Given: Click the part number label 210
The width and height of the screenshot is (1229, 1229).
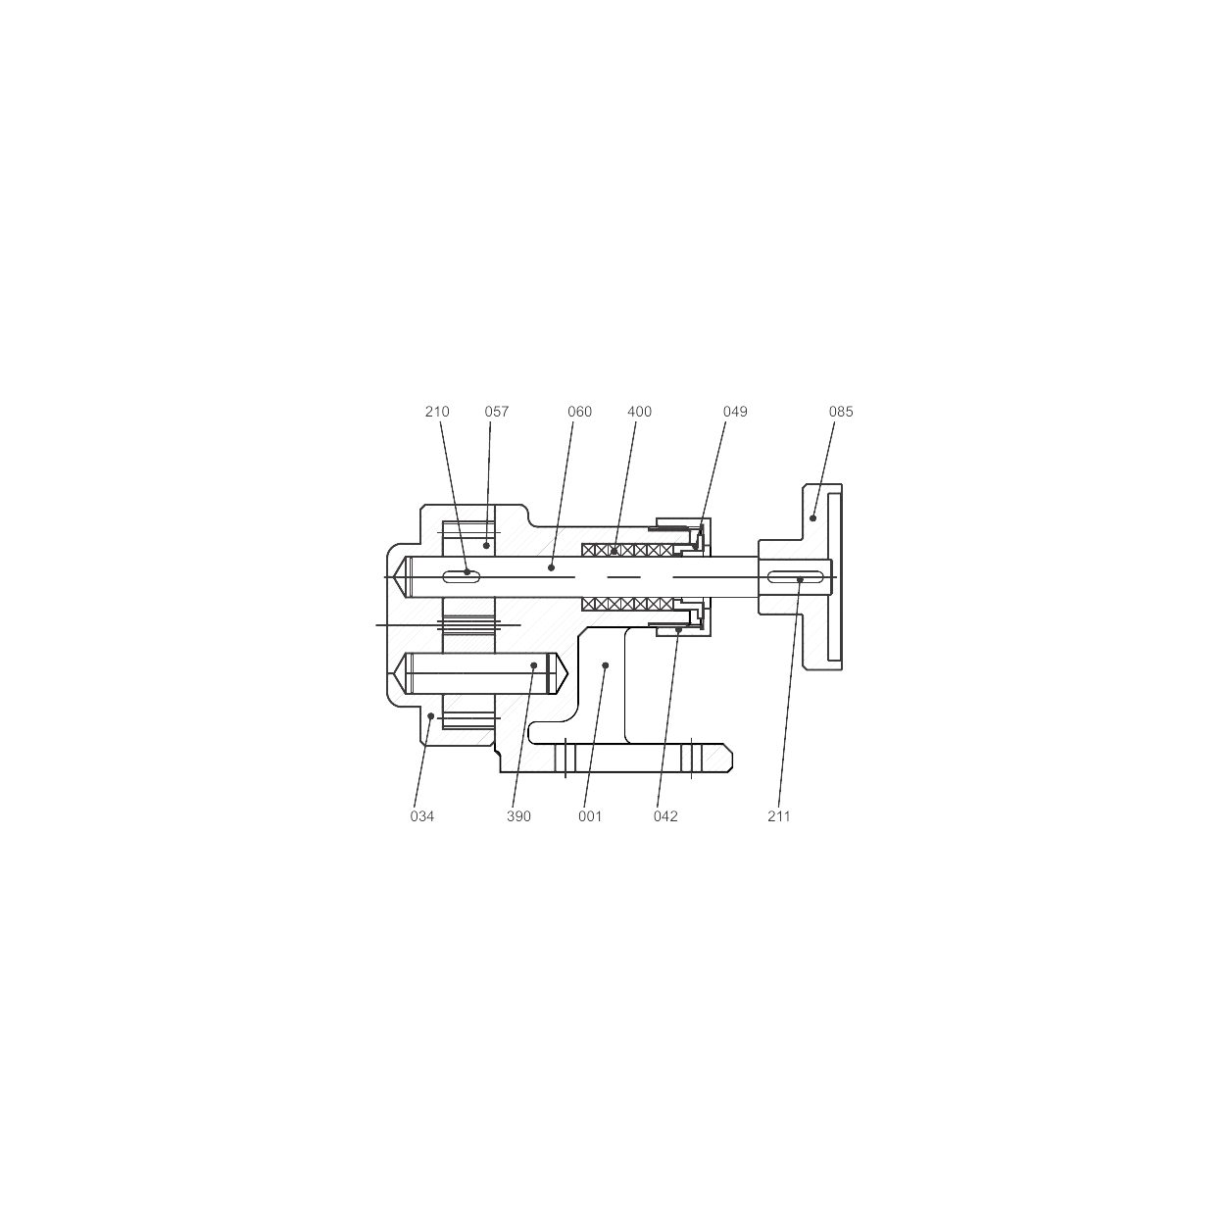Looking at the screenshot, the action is point(437,412).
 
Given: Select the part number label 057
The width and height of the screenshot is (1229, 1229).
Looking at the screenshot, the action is point(496,412).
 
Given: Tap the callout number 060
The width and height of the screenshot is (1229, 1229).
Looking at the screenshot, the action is point(580,412).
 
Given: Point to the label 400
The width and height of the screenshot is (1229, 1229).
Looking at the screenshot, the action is point(640,412).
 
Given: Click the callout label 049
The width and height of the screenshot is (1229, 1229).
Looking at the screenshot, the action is point(735,412).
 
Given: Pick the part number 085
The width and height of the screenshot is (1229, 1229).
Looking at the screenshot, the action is point(841,412).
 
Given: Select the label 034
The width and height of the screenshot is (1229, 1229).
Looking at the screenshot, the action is point(422,816).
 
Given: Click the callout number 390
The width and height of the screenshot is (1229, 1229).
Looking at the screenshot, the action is point(518,816).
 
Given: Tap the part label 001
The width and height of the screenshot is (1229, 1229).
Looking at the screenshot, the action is point(590,816).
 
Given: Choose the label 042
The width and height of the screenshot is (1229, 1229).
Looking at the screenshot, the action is point(665,816).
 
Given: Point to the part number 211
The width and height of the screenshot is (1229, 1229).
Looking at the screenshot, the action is point(779,816).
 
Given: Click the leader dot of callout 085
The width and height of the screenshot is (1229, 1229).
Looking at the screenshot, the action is point(812,517).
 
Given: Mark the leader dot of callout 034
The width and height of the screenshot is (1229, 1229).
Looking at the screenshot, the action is point(431,716).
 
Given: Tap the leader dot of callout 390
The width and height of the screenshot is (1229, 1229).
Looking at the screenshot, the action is point(534,665).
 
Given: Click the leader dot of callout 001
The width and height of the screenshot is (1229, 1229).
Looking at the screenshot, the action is point(606,665).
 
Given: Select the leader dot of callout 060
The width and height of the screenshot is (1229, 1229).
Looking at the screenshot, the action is point(551,567).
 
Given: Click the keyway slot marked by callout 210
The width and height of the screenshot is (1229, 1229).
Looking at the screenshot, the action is point(461,577).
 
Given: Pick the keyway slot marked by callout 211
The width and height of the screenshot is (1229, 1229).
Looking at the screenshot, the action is point(795,577).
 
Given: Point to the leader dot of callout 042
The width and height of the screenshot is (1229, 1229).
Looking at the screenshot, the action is point(678,629).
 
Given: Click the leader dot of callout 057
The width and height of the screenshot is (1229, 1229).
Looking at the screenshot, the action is point(486,546).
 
